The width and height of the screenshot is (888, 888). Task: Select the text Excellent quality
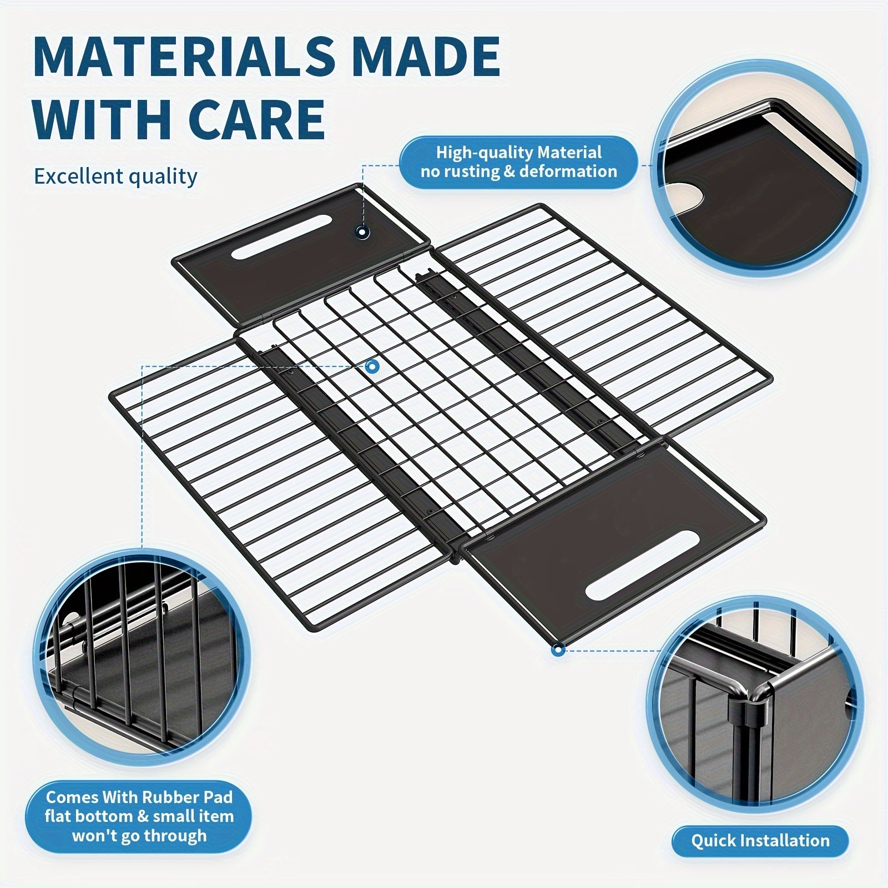[115, 177]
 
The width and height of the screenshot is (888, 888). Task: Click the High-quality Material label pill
[518, 162]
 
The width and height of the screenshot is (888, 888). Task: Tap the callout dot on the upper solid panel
[362, 233]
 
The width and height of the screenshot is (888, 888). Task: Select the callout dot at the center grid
[373, 366]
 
